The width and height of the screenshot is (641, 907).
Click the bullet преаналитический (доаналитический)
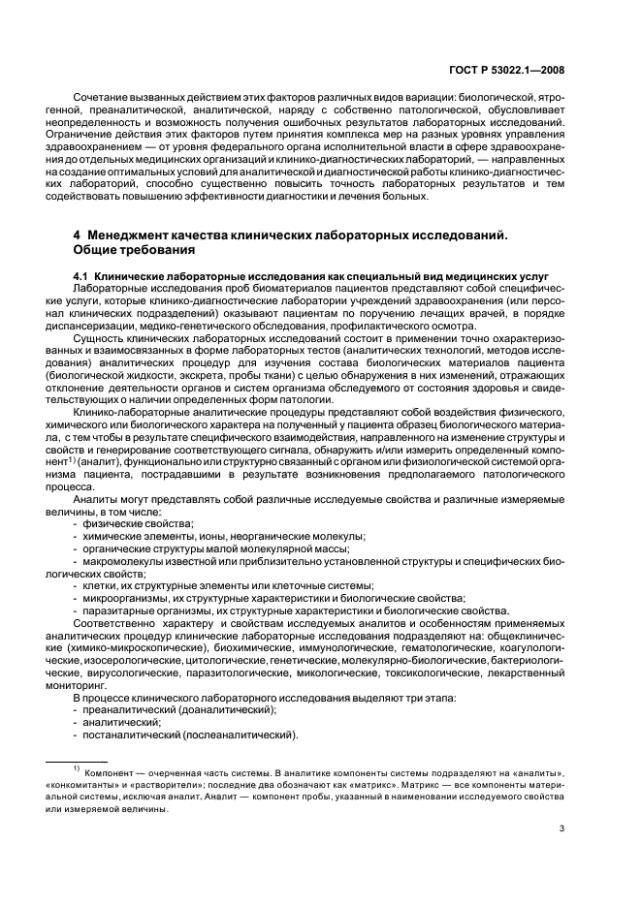pos(179,709)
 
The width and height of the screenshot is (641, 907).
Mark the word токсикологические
pos(470,672)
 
